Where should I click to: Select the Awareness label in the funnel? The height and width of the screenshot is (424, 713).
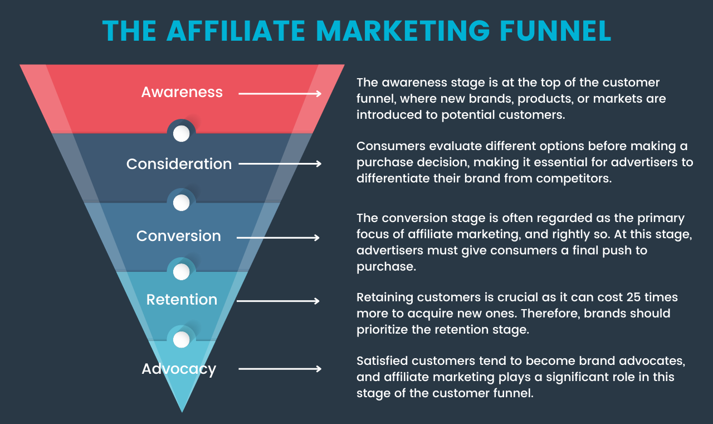click(182, 92)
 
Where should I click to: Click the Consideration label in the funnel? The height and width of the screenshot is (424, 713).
click(179, 164)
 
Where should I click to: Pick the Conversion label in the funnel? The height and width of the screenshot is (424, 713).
click(178, 236)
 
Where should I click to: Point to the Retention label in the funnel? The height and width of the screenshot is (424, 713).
click(182, 300)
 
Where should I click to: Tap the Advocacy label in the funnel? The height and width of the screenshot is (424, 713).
click(179, 369)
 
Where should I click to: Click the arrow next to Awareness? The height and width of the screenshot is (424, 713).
click(280, 94)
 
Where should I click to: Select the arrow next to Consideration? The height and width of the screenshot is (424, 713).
click(280, 164)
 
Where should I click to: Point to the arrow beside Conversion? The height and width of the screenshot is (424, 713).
click(278, 238)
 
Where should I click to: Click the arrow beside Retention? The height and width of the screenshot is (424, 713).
click(278, 301)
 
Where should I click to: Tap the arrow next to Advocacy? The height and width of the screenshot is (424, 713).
click(280, 369)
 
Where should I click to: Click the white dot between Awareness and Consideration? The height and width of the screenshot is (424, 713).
click(181, 134)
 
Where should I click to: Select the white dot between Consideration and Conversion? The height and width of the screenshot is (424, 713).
click(181, 203)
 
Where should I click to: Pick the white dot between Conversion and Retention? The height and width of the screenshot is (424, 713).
click(181, 272)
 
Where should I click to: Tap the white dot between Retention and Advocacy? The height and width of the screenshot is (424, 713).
click(181, 339)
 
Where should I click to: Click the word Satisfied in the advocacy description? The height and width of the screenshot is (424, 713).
click(383, 361)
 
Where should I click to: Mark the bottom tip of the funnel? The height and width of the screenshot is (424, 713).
click(182, 411)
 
